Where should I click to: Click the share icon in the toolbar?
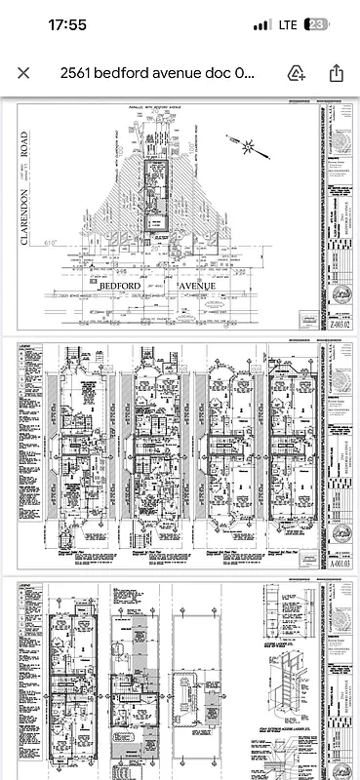(x=336, y=73)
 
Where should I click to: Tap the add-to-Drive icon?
(x=297, y=73)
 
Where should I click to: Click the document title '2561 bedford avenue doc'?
(x=156, y=73)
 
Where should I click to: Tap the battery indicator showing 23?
(x=318, y=24)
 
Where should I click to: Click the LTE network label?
(x=288, y=24)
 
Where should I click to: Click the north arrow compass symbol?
(x=248, y=147)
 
